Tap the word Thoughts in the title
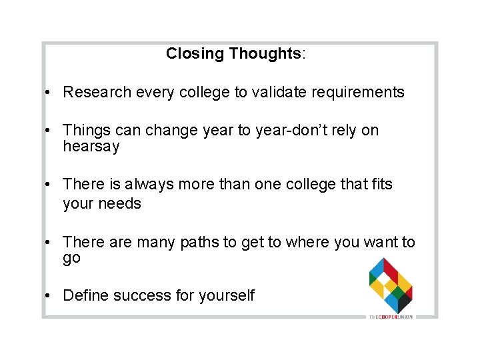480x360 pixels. pos(265,53)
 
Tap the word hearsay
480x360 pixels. pos(91,147)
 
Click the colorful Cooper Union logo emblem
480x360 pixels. pos(391,285)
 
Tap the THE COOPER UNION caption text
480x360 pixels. pos(391,316)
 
